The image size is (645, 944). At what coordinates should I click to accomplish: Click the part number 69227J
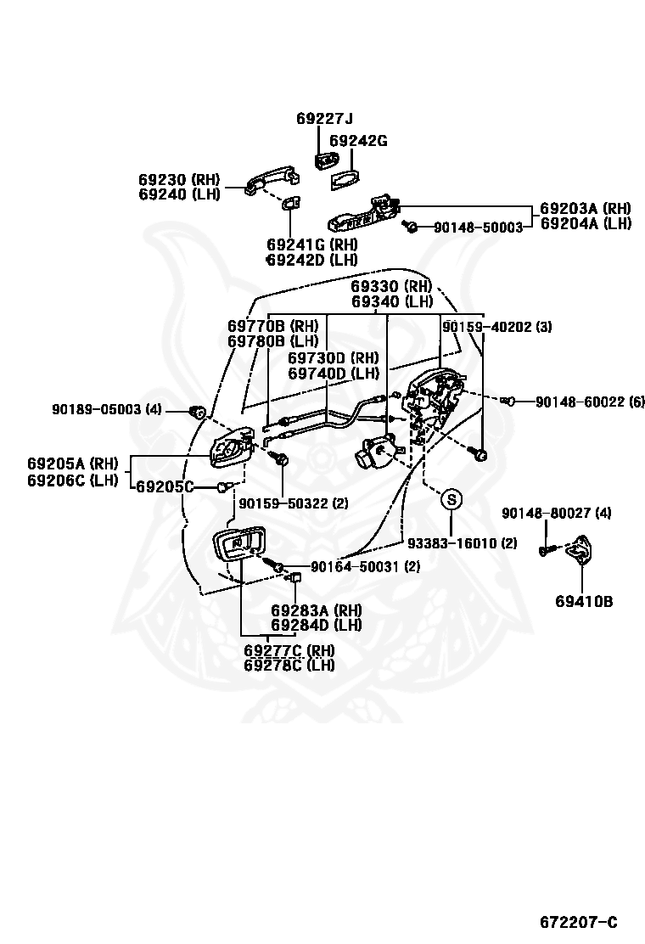(325, 118)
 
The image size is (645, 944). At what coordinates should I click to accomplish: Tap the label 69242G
(359, 141)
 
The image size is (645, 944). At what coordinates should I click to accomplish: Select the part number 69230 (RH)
(179, 179)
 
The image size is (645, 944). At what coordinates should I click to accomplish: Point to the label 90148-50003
(479, 228)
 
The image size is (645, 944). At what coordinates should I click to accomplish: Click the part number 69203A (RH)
(586, 208)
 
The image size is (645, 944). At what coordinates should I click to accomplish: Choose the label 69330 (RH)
(392, 286)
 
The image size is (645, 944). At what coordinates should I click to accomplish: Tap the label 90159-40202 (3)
(497, 327)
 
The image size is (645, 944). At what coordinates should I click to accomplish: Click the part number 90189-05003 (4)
(106, 409)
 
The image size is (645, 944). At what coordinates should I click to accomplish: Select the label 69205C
(165, 486)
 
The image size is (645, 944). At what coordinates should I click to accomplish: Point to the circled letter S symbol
(451, 499)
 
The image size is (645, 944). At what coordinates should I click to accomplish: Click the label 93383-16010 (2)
(462, 543)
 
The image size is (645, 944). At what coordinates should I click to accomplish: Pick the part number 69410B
(584, 601)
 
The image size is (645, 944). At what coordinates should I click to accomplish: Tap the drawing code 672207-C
(579, 922)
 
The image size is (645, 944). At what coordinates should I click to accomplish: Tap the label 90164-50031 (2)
(365, 567)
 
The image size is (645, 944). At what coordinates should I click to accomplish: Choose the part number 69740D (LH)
(334, 374)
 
